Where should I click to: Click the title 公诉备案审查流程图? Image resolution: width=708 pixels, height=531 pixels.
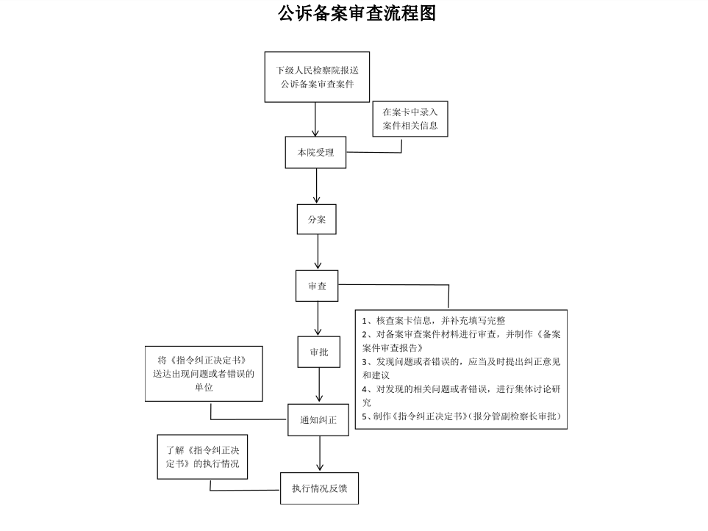pos(357,13)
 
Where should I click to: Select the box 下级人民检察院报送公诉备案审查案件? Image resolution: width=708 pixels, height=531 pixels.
pos(317,77)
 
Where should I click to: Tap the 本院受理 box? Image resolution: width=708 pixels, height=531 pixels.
pos(315,153)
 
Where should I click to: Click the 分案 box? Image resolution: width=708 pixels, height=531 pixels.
pos(317,220)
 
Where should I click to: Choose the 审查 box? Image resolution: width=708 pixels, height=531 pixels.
pos(317,286)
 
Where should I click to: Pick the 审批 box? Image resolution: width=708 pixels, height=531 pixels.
pos(319,352)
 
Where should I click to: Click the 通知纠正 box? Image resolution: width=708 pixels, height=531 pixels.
pos(318,420)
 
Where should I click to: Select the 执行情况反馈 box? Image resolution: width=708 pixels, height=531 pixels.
pos(319,488)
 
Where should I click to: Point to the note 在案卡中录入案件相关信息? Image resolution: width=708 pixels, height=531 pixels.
pos(410,119)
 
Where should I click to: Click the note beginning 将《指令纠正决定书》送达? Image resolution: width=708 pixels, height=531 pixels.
pos(204,374)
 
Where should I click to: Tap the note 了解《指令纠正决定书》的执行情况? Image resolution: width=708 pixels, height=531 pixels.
pos(202,457)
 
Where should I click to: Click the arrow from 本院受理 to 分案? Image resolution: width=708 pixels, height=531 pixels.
pos(317,186)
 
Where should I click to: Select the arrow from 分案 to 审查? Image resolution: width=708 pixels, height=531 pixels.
pos(318,252)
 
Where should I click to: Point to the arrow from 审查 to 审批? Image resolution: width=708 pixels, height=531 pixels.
pos(318,319)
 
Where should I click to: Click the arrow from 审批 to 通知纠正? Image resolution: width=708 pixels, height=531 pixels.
pos(319,386)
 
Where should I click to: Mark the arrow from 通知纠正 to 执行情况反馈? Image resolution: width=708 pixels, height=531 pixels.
pos(320,454)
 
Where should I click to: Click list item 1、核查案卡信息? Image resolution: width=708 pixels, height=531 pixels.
pos(434,321)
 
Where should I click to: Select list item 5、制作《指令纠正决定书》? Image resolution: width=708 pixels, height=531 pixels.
pos(461,416)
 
